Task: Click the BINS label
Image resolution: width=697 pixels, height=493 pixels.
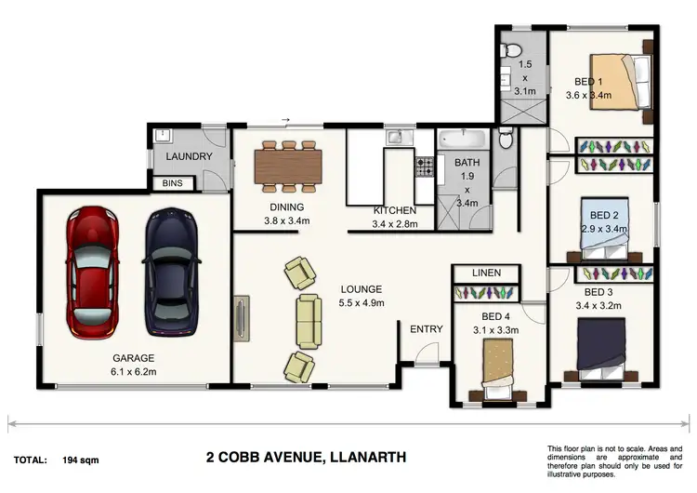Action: point(173,184)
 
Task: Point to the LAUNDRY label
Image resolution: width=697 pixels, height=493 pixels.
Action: point(190,157)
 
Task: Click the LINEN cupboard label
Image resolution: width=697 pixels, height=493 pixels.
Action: point(486,273)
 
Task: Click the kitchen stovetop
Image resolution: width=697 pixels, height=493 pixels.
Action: point(425,167)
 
